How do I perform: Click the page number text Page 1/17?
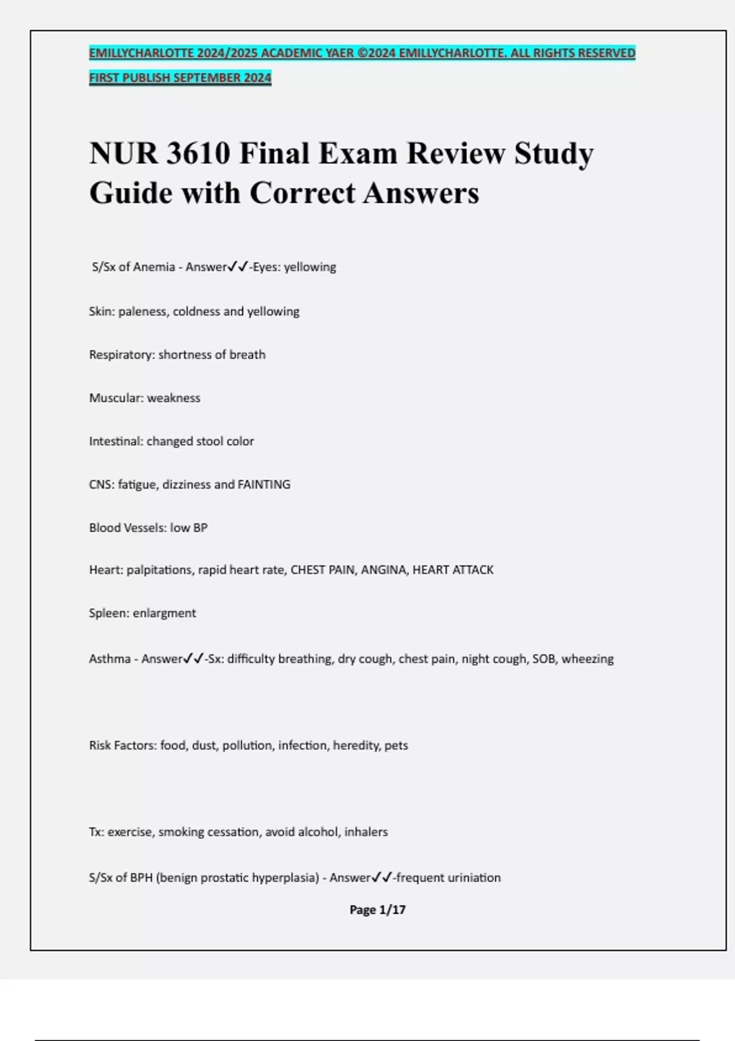tap(377, 910)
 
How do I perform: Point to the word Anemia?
tap(154, 267)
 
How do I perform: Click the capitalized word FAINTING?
tap(264, 484)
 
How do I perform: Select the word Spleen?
tap(108, 613)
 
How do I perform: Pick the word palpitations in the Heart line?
tap(159, 570)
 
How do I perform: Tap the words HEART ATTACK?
tap(453, 570)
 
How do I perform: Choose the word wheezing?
tap(587, 659)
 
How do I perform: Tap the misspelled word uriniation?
tap(474, 878)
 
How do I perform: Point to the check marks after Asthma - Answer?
tap(194, 659)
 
